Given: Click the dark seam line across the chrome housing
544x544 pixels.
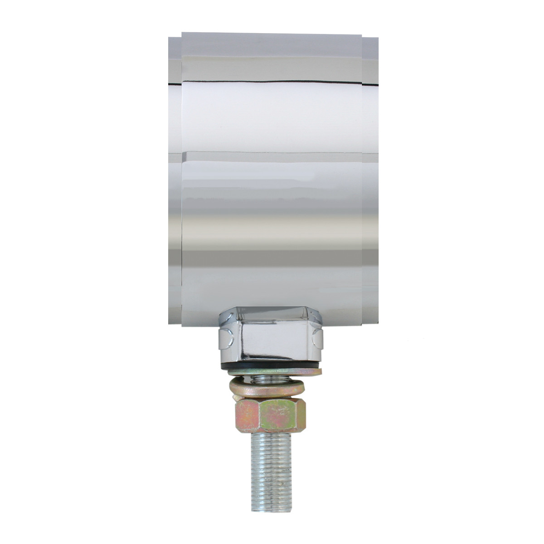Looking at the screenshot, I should [x=272, y=82].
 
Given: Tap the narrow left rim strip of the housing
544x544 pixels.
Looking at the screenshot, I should [x=175, y=181].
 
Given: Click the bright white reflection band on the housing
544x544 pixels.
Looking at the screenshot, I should [x=272, y=118].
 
